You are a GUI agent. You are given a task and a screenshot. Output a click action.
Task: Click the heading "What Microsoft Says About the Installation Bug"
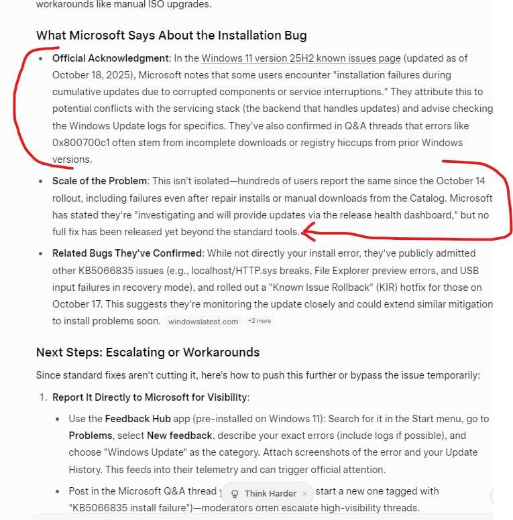point(171,35)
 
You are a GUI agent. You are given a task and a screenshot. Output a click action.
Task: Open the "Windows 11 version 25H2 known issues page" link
point(300,58)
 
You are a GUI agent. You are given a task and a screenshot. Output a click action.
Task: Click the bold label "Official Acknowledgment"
point(111,58)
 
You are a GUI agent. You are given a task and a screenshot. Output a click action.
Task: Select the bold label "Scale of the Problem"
point(99,181)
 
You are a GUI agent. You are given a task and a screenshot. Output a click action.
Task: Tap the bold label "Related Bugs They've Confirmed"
point(127,253)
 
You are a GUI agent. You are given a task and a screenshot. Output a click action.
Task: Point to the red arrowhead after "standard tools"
point(308,233)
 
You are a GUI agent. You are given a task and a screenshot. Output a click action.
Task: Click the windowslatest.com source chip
point(203,322)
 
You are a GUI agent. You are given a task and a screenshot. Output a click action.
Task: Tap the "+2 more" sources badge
point(260,322)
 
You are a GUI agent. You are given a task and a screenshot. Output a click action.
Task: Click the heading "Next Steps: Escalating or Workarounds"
point(148,352)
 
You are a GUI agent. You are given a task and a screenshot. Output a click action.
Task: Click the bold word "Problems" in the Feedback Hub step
point(91,436)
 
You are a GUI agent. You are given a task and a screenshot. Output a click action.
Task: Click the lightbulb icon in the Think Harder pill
point(235,494)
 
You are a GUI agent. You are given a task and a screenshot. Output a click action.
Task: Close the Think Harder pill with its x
point(304,494)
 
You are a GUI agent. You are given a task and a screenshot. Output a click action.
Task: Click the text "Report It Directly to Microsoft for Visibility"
point(150,397)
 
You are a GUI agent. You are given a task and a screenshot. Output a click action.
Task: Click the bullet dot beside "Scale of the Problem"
point(42,181)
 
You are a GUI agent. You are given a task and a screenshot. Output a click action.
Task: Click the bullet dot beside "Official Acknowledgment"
point(42,58)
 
